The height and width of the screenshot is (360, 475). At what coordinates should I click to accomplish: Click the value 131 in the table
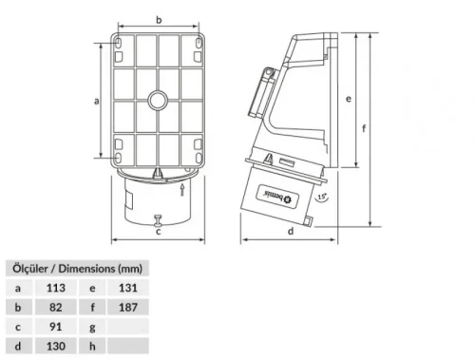click(x=129, y=286)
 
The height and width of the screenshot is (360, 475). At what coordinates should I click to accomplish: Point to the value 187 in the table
click(x=129, y=307)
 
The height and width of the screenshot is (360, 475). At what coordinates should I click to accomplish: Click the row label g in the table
click(x=93, y=328)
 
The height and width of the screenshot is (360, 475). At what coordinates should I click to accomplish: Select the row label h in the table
click(x=93, y=349)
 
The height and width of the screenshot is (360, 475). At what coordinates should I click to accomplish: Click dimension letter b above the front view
click(x=158, y=18)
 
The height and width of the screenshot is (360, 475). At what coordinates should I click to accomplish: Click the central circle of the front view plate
click(x=158, y=99)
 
